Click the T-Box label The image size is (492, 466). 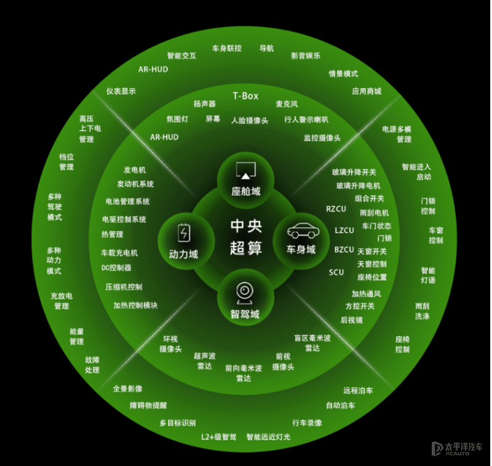tap(245, 96)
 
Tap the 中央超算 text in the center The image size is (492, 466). tap(247, 237)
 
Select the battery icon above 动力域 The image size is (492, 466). tap(184, 233)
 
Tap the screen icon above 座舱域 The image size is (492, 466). tap(245, 171)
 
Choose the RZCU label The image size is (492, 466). tap(336, 209)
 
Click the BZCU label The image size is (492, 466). tap(344, 250)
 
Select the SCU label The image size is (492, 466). tap(336, 272)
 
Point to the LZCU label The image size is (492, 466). tap(344, 230)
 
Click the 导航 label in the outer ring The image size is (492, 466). tap(266, 49)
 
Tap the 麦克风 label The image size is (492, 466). tap(287, 104)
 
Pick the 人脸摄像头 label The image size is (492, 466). tap(250, 121)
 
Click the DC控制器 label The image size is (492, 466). tap(116, 268)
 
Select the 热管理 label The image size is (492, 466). tap(113, 235)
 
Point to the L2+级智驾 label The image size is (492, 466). tap(219, 437)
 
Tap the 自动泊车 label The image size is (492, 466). tap(341, 406)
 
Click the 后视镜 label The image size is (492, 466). tap(352, 320)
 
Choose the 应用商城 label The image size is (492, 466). tap(367, 91)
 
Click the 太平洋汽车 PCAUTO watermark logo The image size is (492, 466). tap(457, 448)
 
